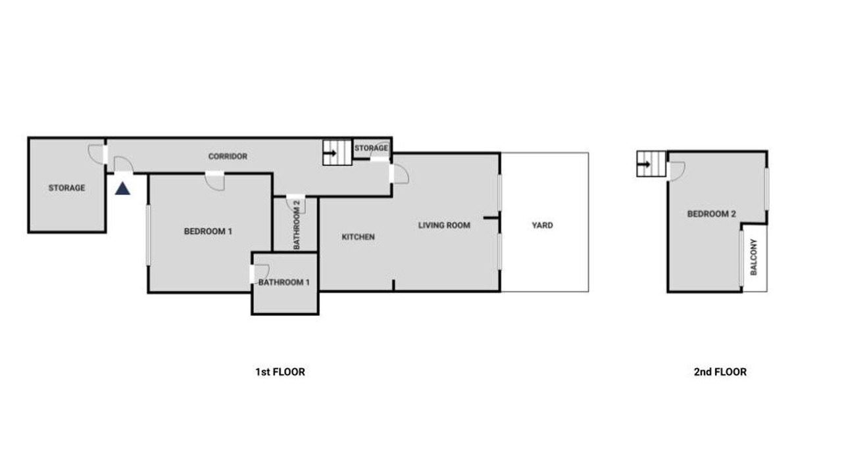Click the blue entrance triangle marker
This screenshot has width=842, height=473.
(x=122, y=189)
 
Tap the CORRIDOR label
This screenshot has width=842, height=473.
(x=228, y=156)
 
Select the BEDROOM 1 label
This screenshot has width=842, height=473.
(x=208, y=231)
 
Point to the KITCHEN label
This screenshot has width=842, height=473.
(x=359, y=237)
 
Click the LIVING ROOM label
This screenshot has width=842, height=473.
(x=444, y=225)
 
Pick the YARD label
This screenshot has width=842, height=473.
(x=543, y=225)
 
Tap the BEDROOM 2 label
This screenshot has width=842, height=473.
(x=712, y=214)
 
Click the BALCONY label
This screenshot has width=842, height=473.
(x=754, y=257)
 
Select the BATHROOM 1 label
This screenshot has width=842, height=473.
(x=284, y=282)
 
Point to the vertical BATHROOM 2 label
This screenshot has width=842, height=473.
(x=297, y=225)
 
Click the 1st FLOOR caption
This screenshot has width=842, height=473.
(x=280, y=372)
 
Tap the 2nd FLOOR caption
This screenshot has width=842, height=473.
(x=720, y=372)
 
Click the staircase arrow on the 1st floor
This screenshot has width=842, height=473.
(x=330, y=153)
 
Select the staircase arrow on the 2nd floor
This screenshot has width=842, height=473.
(x=643, y=164)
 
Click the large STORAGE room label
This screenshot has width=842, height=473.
(x=67, y=188)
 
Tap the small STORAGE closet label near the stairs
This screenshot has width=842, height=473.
(x=371, y=148)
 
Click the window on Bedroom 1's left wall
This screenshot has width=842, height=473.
(x=148, y=235)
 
